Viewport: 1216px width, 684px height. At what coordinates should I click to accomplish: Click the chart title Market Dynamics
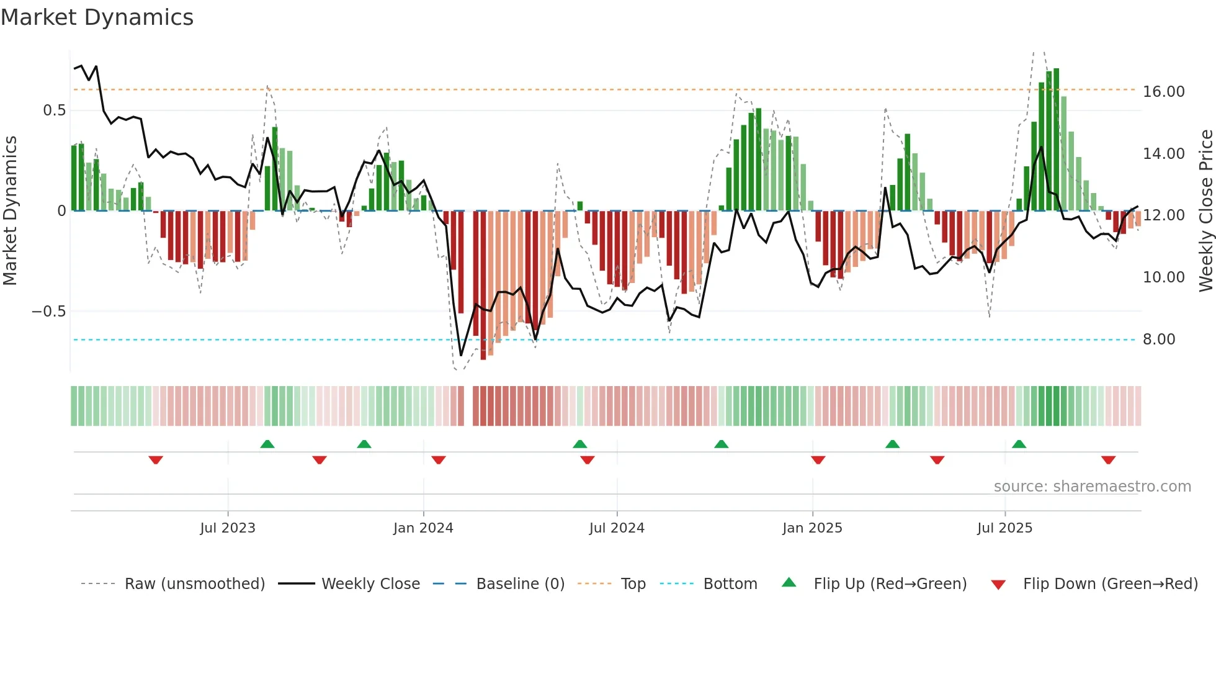coord(97,17)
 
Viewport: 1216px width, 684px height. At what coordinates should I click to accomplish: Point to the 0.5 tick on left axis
coord(54,110)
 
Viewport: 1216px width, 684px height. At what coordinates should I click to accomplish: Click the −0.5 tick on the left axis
coord(48,312)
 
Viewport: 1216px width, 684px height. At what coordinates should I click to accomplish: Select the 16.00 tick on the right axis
coord(1163,92)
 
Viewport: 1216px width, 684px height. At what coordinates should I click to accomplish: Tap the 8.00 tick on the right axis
coord(1158,340)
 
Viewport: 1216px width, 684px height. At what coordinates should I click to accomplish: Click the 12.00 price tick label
coord(1163,215)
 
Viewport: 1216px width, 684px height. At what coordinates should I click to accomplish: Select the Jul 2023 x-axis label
coord(227,528)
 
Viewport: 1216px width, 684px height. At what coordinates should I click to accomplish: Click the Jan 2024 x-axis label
coord(423,528)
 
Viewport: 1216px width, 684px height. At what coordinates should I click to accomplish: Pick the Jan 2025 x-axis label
coord(812,528)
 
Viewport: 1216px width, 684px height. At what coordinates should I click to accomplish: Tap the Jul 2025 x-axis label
coord(1004,528)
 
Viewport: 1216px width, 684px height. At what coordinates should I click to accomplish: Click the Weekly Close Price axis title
coord(1205,211)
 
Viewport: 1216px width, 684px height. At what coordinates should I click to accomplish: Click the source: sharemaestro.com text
coord(1092,487)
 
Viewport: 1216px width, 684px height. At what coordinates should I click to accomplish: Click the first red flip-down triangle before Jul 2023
coord(156,460)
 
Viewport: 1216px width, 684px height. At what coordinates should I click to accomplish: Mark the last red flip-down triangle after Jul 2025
coord(1108,460)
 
